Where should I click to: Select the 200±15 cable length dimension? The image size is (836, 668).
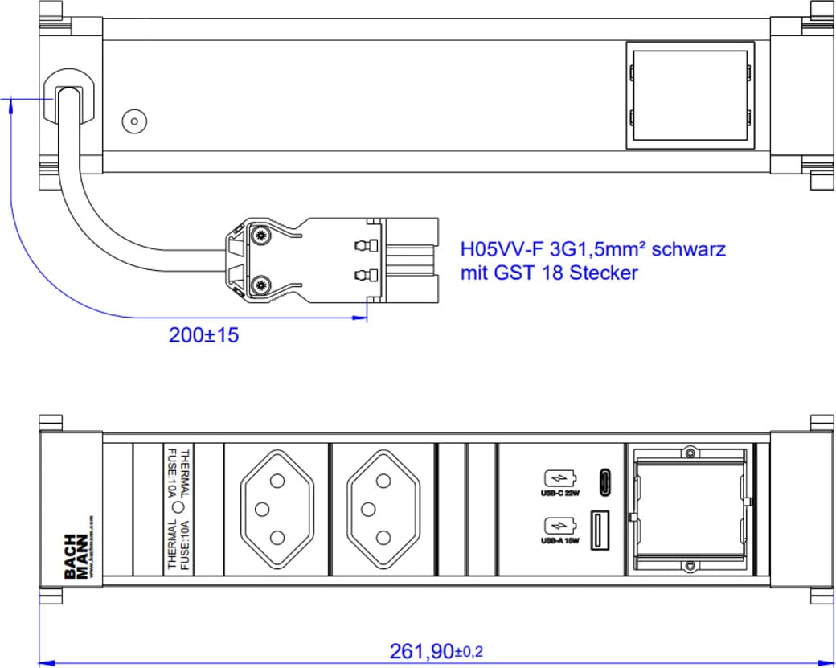pyautogui.click(x=203, y=335)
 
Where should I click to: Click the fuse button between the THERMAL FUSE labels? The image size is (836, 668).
pyautogui.click(x=178, y=508)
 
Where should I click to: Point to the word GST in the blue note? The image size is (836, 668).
pyautogui.click(x=519, y=273)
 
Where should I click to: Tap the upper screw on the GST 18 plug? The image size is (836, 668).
pyautogui.click(x=260, y=236)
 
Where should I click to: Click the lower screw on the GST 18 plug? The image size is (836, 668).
pyautogui.click(x=260, y=285)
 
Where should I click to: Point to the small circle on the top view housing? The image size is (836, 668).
pyautogui.click(x=133, y=121)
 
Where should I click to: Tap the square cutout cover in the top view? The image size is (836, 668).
pyautogui.click(x=690, y=96)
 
